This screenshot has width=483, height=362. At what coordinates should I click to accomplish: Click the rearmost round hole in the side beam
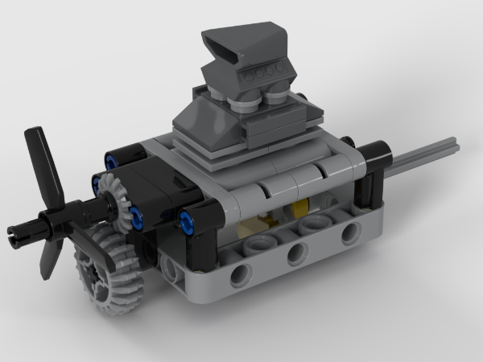pos(350,234)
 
